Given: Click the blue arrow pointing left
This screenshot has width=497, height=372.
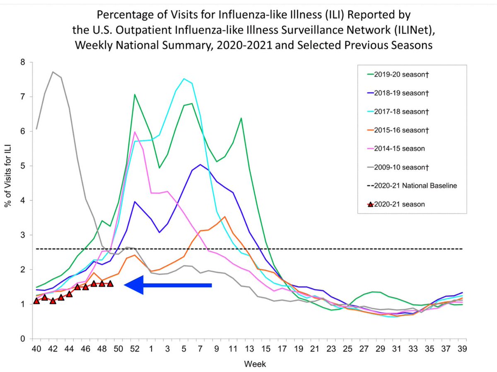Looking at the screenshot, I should [x=168, y=285].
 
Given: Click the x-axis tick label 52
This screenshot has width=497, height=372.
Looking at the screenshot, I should [x=135, y=349].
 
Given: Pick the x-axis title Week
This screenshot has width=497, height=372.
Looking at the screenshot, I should [x=256, y=364].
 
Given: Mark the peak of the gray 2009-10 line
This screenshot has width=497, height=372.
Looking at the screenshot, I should [x=53, y=72].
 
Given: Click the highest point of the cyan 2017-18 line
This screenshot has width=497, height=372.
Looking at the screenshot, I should [x=184, y=79].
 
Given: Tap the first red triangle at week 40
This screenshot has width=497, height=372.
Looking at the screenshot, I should [x=36, y=301].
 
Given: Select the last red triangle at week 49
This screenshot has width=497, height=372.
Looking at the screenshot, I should [x=110, y=283].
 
